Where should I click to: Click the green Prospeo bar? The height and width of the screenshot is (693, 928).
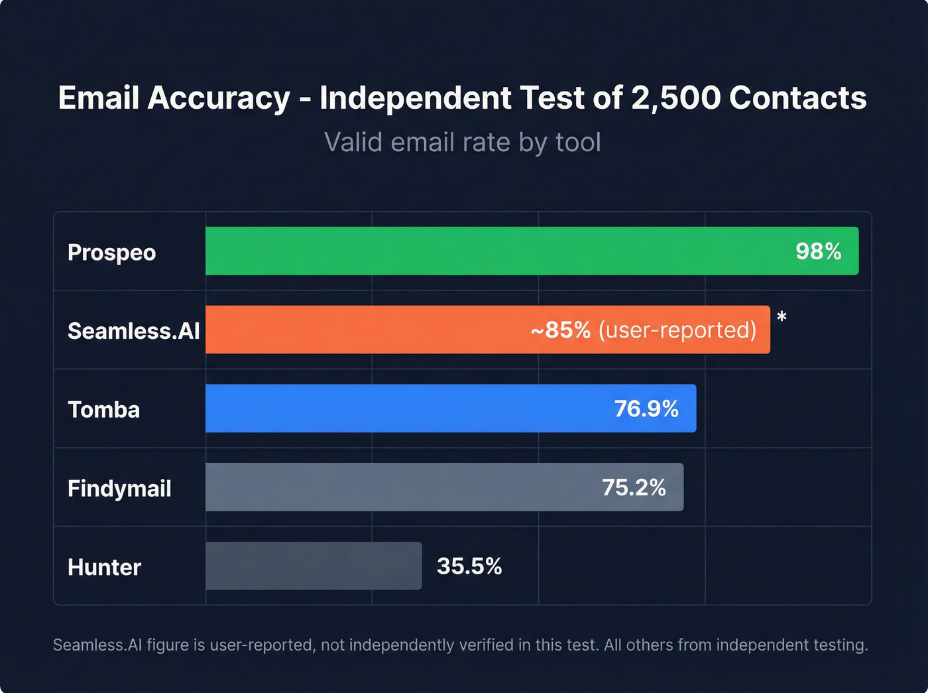[497, 251]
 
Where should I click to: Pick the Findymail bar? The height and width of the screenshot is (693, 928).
[398, 487]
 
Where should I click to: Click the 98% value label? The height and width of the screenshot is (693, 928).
[818, 251]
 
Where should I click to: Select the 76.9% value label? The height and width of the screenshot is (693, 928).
[646, 409]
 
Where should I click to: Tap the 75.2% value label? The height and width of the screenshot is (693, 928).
[634, 487]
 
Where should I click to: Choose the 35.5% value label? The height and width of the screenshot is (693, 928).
[469, 566]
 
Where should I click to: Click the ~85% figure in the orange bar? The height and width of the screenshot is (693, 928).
[561, 330]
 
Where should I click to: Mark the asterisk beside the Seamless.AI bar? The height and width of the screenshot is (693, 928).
[782, 318]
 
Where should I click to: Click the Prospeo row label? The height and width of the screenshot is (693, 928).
[111, 253]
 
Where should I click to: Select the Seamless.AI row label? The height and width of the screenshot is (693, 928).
[133, 331]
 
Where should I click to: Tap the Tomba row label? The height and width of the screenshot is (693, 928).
[103, 410]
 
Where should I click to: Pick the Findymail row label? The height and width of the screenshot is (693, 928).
[119, 489]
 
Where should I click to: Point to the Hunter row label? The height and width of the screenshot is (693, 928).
[104, 568]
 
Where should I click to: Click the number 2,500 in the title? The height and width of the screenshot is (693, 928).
[675, 98]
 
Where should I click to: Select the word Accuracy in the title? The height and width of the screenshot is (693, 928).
[219, 98]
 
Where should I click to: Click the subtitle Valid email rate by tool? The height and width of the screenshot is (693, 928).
[463, 142]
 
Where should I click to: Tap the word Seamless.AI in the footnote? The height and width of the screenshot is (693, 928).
[97, 645]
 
